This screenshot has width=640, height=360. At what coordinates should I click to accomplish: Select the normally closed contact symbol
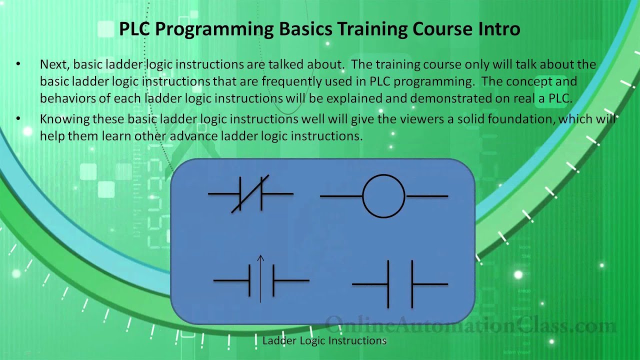(250, 193)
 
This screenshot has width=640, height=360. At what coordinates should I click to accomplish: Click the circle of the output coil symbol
(383, 196)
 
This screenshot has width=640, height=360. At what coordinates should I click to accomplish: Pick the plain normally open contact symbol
(400, 284)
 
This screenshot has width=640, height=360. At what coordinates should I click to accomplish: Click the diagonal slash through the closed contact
(250, 193)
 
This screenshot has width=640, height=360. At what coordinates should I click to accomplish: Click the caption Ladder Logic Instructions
(324, 341)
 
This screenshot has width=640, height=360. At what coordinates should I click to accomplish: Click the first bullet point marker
(18, 64)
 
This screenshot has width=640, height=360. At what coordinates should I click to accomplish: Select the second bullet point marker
(18, 119)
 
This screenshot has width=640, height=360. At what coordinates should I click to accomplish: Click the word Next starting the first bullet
(55, 64)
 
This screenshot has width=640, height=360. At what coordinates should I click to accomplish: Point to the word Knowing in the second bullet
(60, 119)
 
